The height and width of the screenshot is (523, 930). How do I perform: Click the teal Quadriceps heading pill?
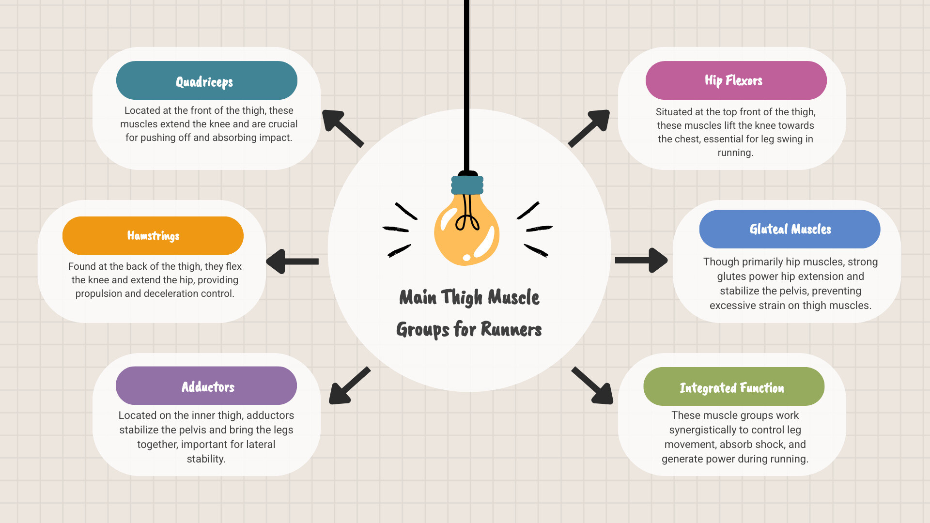(x=206, y=80)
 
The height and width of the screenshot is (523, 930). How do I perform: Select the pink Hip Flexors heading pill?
(x=736, y=80)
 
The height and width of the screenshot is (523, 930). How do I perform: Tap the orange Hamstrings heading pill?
(x=153, y=236)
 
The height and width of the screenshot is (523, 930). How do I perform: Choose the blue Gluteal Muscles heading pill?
(x=790, y=229)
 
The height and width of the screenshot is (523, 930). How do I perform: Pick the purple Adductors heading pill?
(x=206, y=386)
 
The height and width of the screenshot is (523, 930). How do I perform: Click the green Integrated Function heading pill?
(x=733, y=386)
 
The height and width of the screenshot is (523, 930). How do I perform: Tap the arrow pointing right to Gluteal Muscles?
(x=641, y=261)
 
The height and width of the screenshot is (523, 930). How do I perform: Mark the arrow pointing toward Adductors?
(x=349, y=386)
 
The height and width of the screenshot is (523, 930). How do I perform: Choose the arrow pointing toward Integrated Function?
(x=593, y=386)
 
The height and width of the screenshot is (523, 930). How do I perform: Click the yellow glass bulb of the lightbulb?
(x=466, y=232)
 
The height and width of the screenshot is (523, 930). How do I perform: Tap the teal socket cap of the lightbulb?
(x=467, y=185)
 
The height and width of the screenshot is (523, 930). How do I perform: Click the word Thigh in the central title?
(x=462, y=298)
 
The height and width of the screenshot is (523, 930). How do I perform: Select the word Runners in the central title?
(x=511, y=330)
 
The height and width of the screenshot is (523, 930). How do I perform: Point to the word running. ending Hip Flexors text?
(x=735, y=153)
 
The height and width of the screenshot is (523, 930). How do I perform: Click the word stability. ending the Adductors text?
(x=206, y=459)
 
